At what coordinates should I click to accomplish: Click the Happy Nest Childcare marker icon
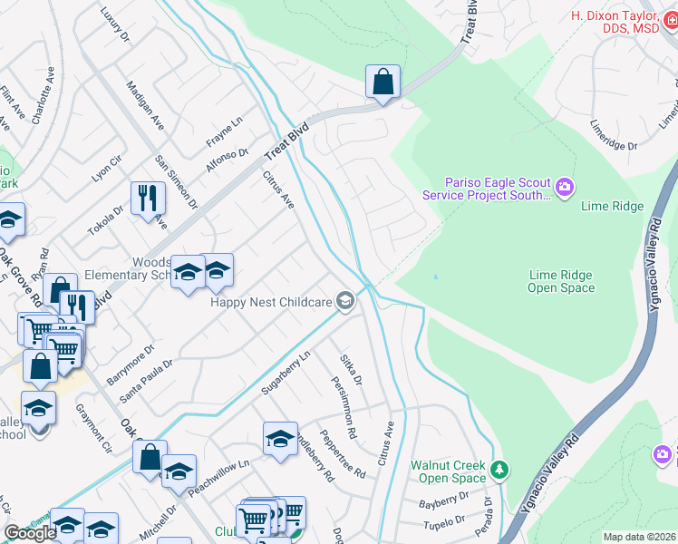tap(344, 300)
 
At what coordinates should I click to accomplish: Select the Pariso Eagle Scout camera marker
tap(566, 188)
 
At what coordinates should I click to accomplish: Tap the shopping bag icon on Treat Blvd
tap(383, 82)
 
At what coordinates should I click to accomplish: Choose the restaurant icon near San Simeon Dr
tap(148, 198)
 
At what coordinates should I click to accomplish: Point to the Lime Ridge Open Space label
tap(561, 281)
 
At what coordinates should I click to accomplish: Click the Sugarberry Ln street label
tap(286, 376)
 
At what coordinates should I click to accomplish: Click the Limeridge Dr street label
tap(615, 132)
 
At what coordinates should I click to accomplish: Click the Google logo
tap(30, 533)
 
